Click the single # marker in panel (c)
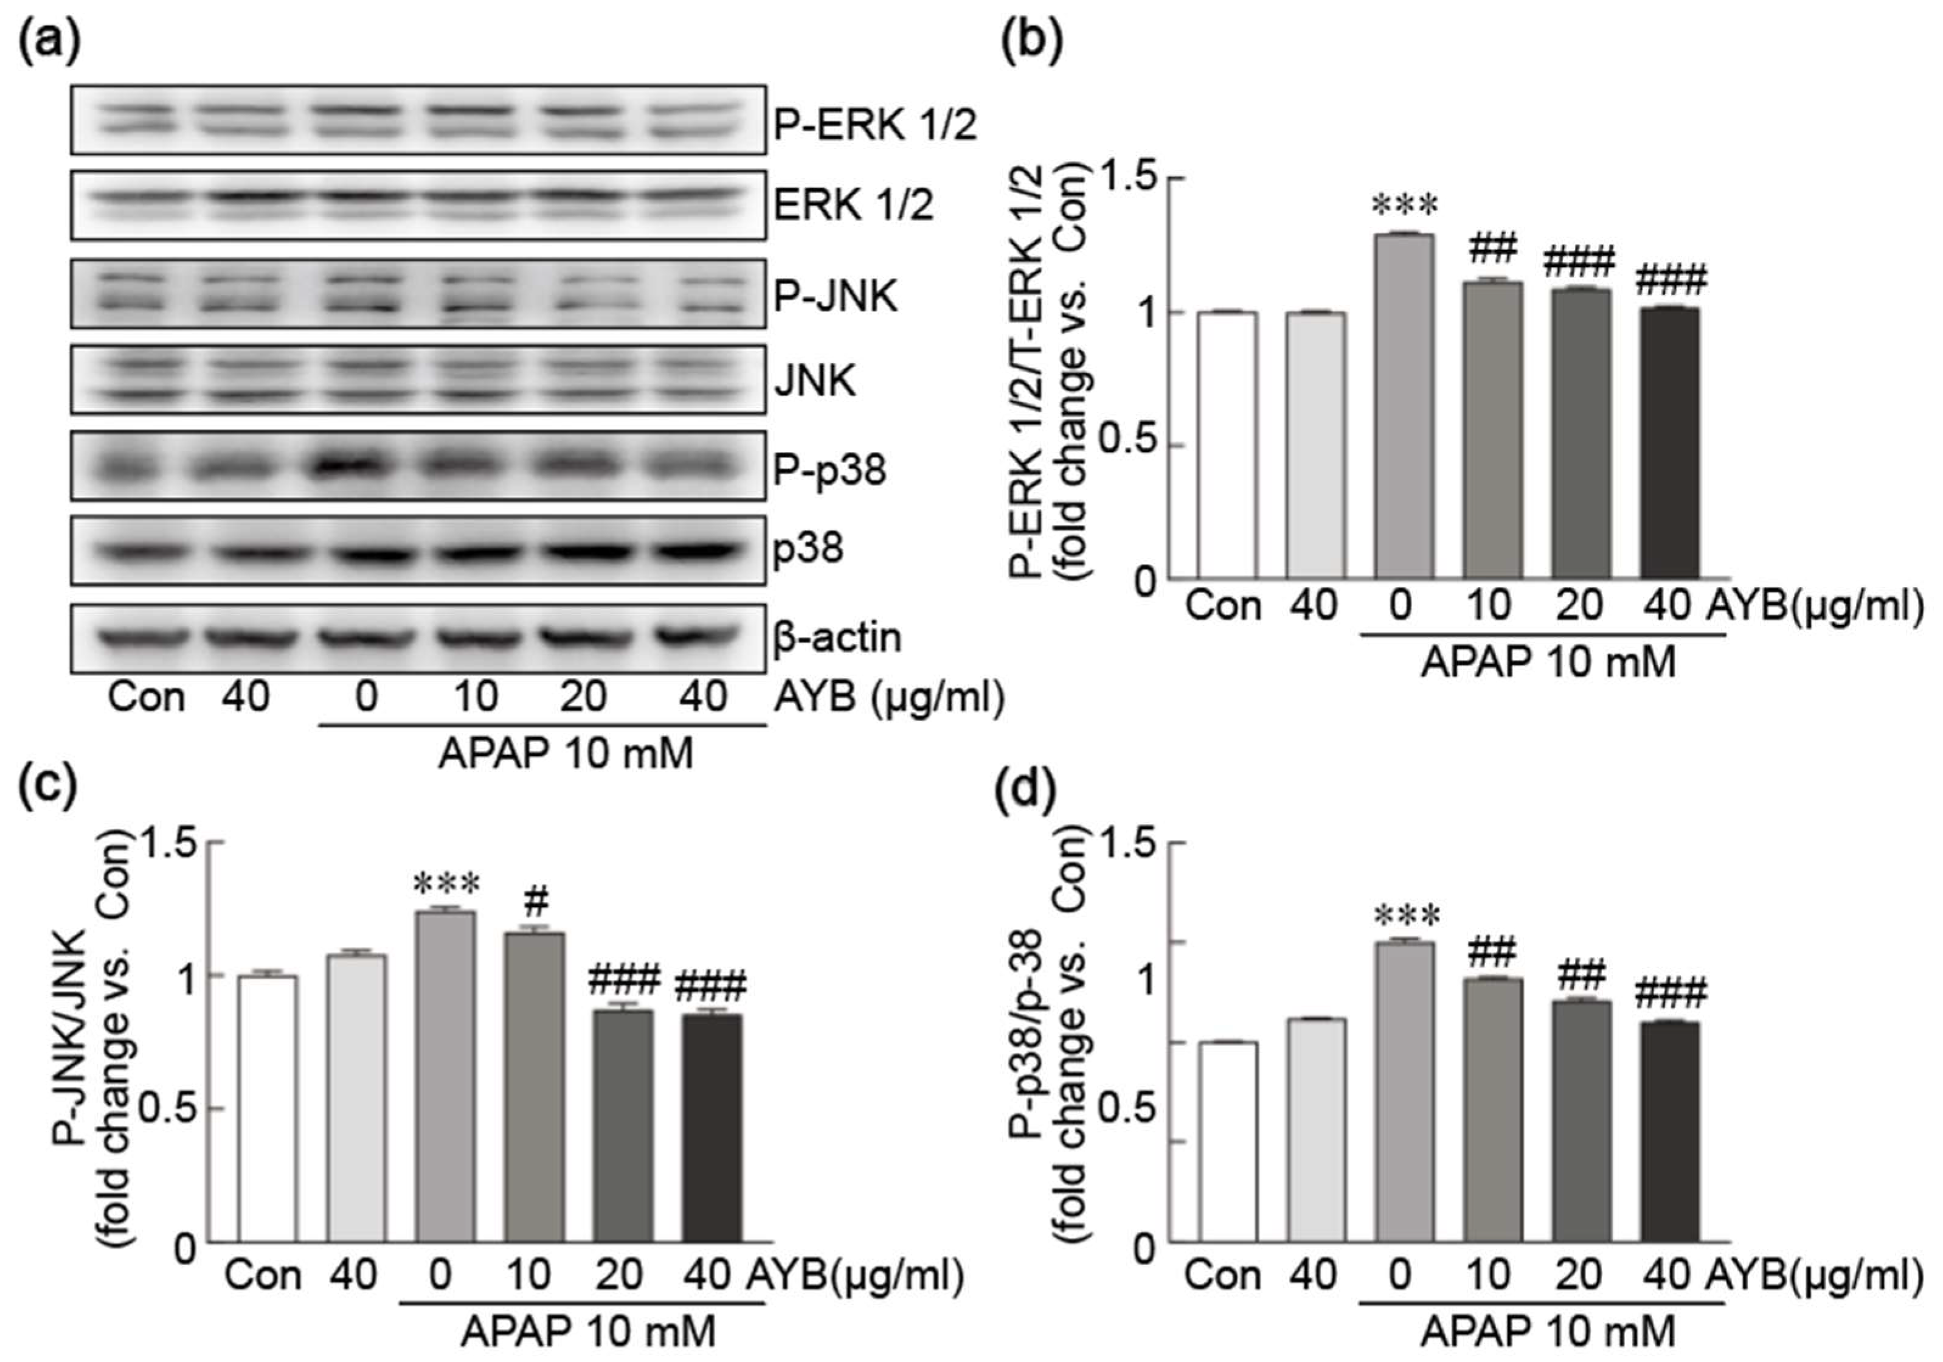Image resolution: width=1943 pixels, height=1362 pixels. [x=535, y=903]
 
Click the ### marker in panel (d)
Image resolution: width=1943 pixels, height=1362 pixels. [x=1670, y=995]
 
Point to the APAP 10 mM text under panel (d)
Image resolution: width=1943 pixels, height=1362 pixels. [x=1547, y=1332]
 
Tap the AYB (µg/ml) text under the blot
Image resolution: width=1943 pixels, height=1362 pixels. [x=888, y=698]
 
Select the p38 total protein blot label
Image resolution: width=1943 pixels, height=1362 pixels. [x=808, y=549]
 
